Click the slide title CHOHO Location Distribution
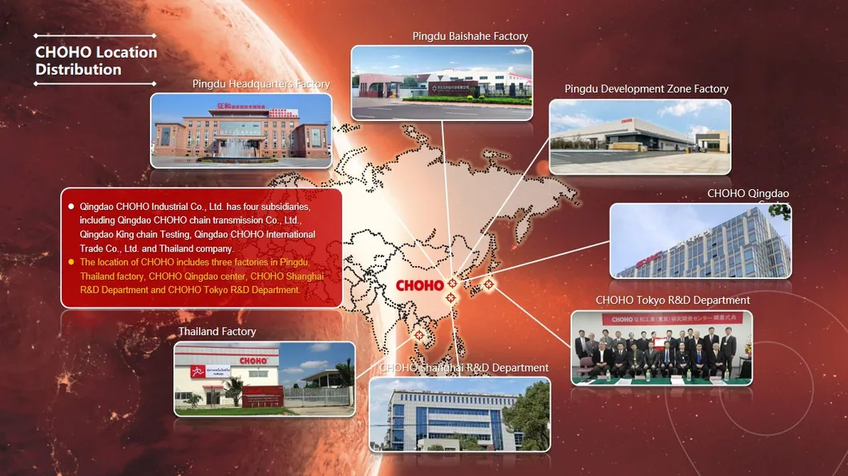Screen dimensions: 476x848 (x=95, y=61)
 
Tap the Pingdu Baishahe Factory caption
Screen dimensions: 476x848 (x=470, y=36)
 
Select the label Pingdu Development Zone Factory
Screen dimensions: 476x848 (x=646, y=89)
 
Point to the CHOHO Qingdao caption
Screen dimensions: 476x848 (x=748, y=194)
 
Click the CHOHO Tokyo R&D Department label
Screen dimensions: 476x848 (x=672, y=301)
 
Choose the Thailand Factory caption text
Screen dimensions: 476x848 (x=216, y=332)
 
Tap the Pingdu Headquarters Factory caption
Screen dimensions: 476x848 (x=260, y=84)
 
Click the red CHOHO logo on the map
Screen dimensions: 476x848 (x=419, y=285)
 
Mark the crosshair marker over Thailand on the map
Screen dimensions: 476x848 (x=418, y=335)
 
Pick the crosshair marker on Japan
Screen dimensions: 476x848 (x=487, y=284)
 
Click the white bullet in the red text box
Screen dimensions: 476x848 (x=71, y=206)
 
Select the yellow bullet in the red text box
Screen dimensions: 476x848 (x=71, y=262)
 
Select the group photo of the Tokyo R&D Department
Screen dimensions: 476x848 (x=661, y=348)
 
